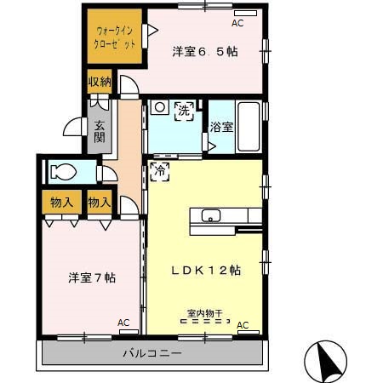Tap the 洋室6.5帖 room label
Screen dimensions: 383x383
(205, 52)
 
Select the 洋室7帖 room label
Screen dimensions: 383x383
(92, 277)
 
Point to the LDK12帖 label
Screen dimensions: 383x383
(207, 270)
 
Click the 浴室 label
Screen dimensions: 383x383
(221, 129)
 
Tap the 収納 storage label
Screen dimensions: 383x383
(100, 83)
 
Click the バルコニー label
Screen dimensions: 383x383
(151, 353)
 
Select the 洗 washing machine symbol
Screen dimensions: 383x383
(183, 110)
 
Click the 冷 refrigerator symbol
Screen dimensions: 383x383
(159, 171)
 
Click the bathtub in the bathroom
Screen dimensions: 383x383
(248, 127)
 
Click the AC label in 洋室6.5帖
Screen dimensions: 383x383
(237, 23)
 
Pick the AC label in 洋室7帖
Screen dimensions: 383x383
(123, 323)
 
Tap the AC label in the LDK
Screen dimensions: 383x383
(243, 325)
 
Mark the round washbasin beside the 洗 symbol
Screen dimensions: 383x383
(158, 108)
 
